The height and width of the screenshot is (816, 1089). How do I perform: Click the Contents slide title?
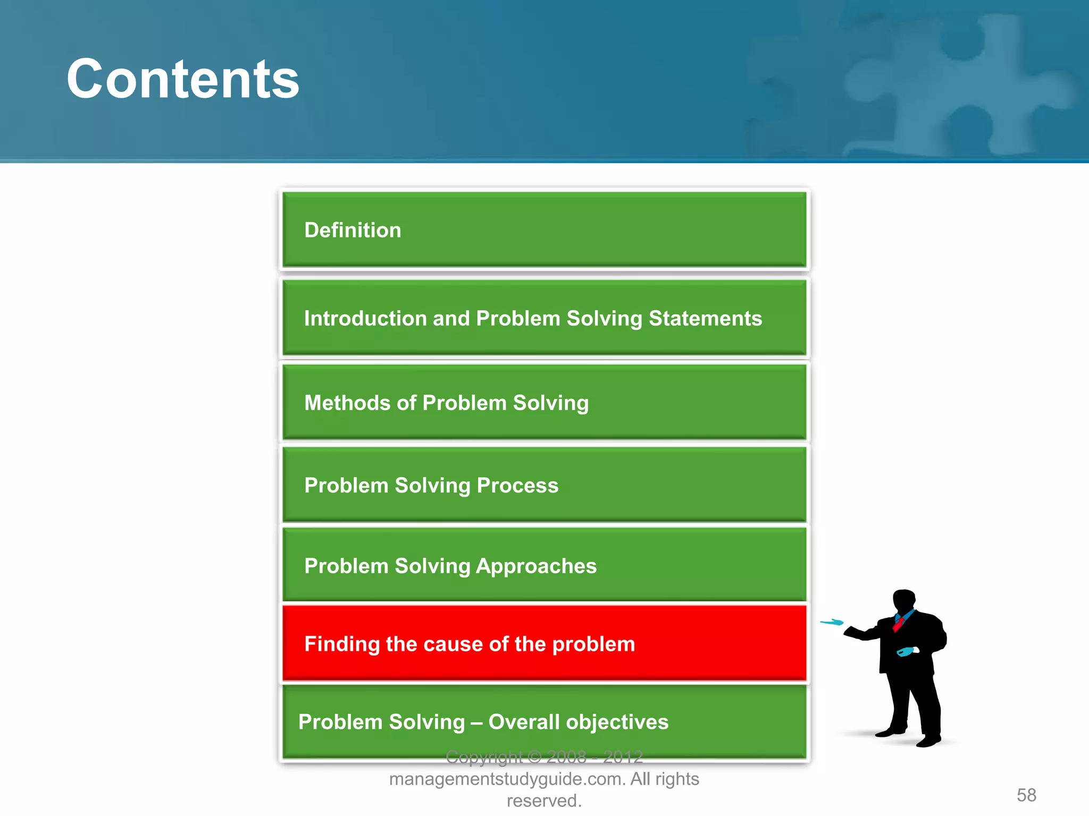(182, 80)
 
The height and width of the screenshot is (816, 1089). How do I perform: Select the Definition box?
(543, 230)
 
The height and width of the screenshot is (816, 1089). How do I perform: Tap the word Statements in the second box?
(705, 319)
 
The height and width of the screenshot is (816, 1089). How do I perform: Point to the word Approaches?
(535, 566)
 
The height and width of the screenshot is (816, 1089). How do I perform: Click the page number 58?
(1026, 795)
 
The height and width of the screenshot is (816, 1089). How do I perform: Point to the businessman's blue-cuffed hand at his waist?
(906, 651)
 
